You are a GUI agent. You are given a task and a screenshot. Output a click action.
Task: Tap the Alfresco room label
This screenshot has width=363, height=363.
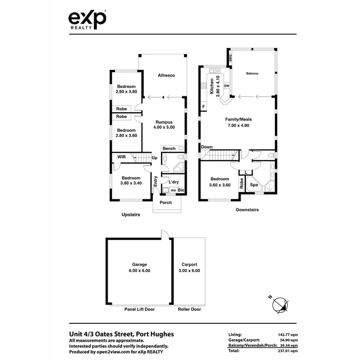[166, 76]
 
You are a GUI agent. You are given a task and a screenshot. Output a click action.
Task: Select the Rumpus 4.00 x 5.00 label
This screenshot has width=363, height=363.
[164, 124]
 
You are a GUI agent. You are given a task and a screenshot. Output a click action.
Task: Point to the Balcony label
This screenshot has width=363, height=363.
[252, 74]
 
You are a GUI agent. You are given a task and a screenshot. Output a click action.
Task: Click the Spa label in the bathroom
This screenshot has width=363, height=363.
[253, 185]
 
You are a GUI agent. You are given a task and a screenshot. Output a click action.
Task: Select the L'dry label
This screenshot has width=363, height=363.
[174, 182]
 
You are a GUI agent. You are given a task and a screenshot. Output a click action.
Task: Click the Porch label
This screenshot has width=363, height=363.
[166, 202]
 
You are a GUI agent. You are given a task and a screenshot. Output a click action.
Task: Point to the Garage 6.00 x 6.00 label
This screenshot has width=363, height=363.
[139, 268]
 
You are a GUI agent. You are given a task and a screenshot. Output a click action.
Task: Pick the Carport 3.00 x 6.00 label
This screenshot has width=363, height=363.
[189, 268]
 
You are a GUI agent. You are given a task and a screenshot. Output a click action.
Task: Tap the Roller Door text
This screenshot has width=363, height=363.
[189, 309]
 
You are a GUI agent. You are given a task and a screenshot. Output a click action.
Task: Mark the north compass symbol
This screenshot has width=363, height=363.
[280, 304]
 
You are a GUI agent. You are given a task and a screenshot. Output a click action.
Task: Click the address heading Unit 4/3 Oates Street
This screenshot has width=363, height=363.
[121, 334]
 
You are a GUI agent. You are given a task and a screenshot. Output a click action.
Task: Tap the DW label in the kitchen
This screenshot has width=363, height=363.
[227, 86]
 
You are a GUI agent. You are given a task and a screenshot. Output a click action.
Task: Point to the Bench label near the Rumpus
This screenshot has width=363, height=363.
[169, 149]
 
